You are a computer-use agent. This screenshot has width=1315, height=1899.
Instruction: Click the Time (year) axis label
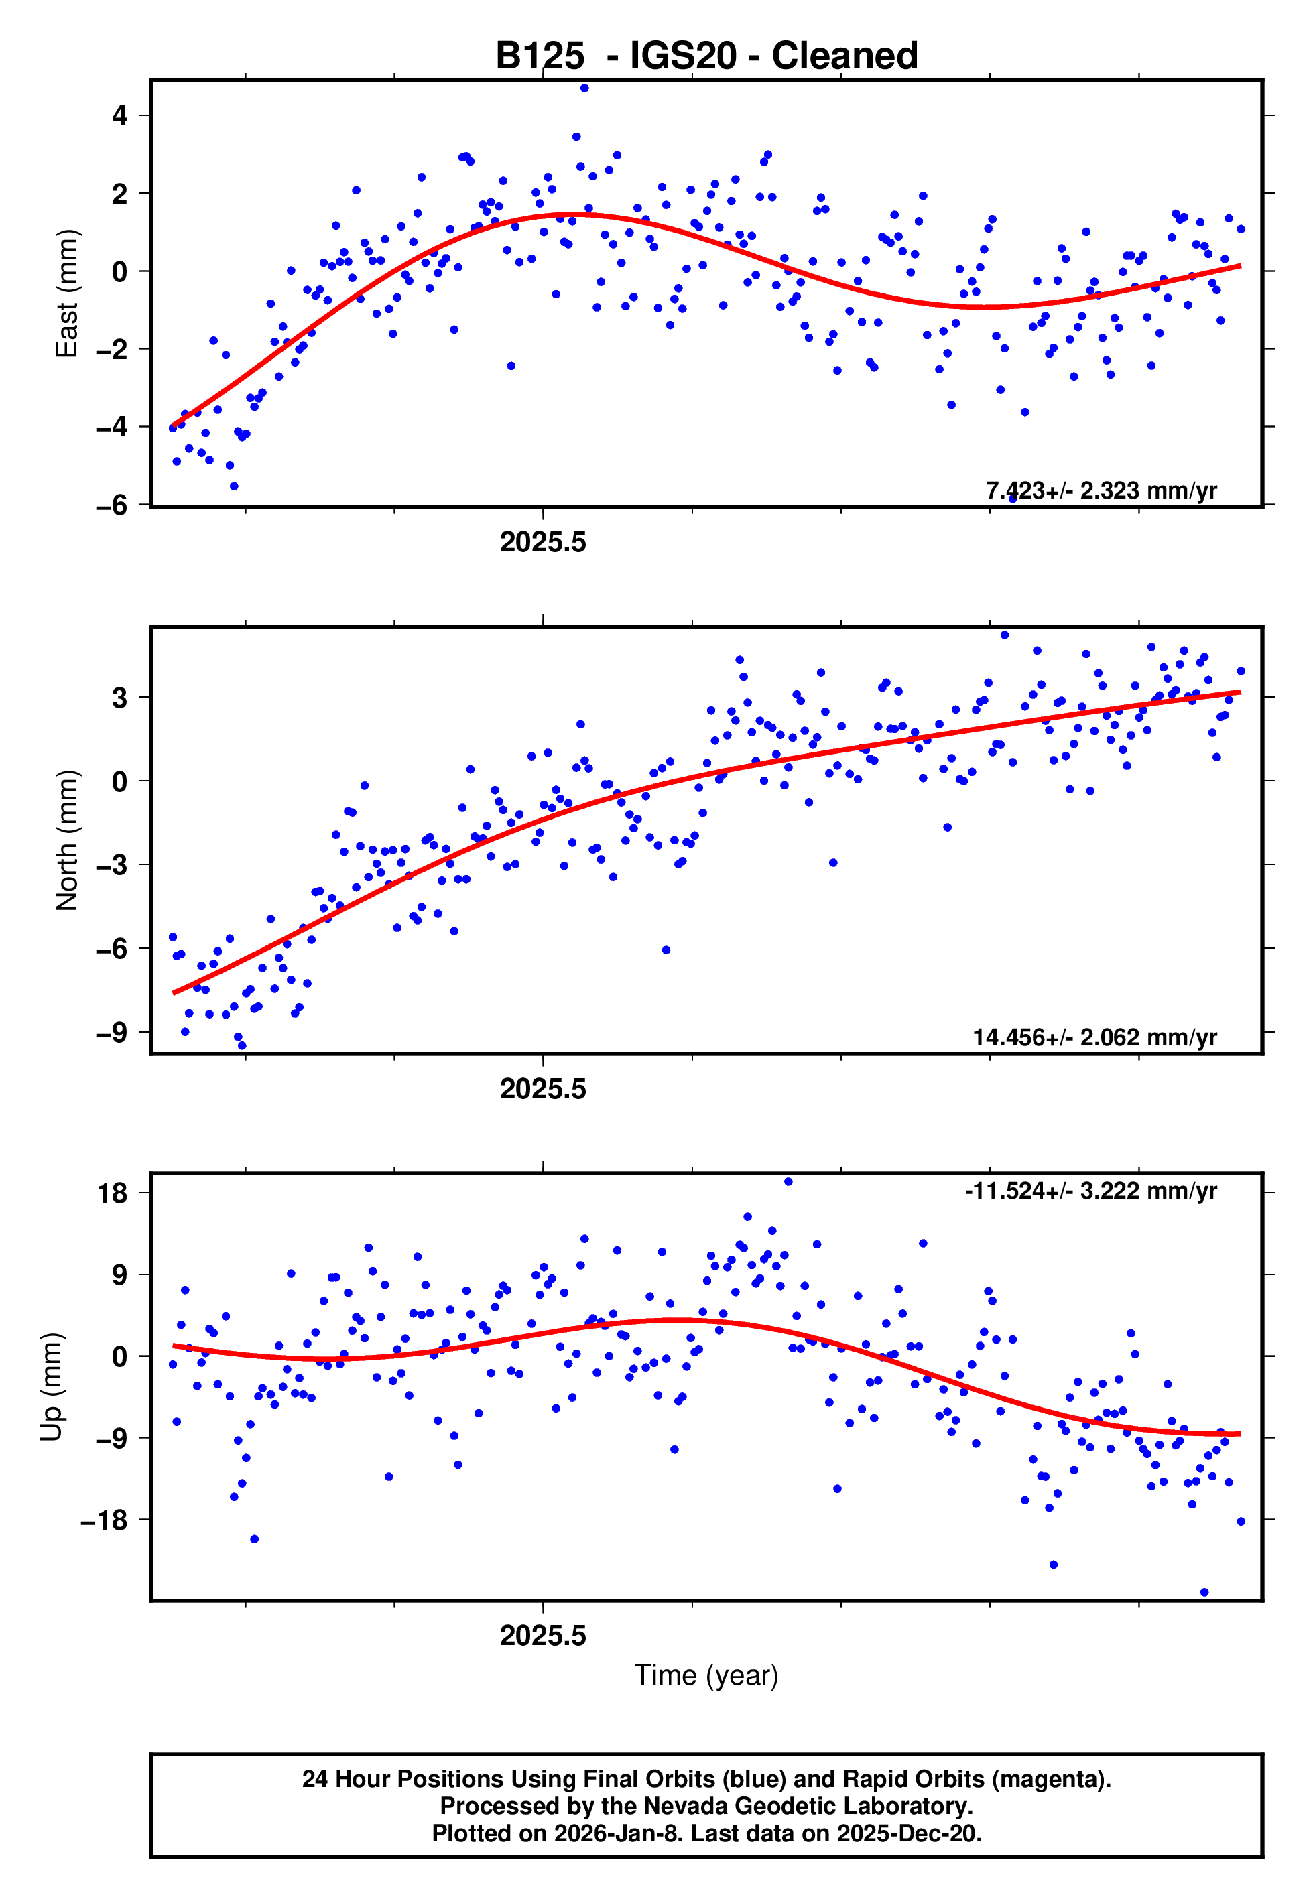coord(706,1675)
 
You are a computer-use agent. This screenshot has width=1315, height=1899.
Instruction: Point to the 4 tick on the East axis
coord(119,116)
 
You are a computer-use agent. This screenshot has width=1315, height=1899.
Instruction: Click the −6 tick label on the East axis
coord(112,505)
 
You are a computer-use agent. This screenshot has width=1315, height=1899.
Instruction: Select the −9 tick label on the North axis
coord(112,1033)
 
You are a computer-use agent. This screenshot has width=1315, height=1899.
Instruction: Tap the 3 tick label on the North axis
coord(119,698)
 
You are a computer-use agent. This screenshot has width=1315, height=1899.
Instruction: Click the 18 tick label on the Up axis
coord(112,1193)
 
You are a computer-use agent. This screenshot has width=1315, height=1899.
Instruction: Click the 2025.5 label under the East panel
coord(543,543)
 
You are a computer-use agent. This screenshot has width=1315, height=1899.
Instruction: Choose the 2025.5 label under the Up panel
coord(543,1636)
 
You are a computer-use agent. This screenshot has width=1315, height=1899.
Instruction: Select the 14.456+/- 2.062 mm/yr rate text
coord(1094,1037)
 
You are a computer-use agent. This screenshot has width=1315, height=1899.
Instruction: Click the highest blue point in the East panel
coord(584,88)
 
